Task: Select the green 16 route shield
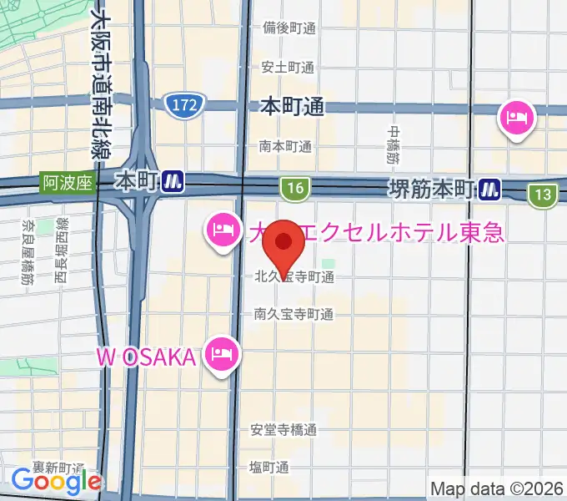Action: coord(293,189)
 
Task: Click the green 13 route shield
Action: coord(543,195)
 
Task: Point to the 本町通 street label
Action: coord(292,107)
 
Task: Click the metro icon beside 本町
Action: coord(173,180)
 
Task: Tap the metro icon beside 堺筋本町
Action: coord(489,190)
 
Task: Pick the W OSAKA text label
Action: coord(146,357)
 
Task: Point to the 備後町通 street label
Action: coord(288,28)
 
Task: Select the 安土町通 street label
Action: coord(288,67)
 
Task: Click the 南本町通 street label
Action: coord(286,145)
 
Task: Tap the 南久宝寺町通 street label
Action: coord(294,315)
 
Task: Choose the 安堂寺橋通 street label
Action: coord(283,430)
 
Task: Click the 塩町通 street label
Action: coord(269,467)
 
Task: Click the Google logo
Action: coord(56,481)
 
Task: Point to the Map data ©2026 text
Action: coord(497,488)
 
